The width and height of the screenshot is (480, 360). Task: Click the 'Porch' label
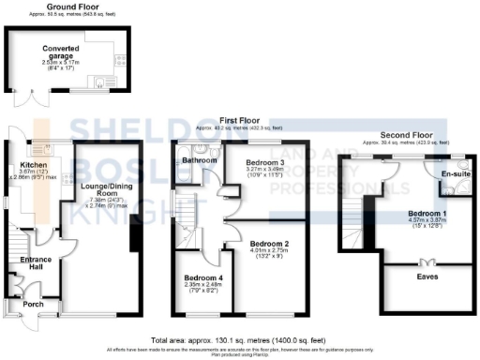[34, 305]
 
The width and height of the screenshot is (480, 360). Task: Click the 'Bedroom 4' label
[203, 279]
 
